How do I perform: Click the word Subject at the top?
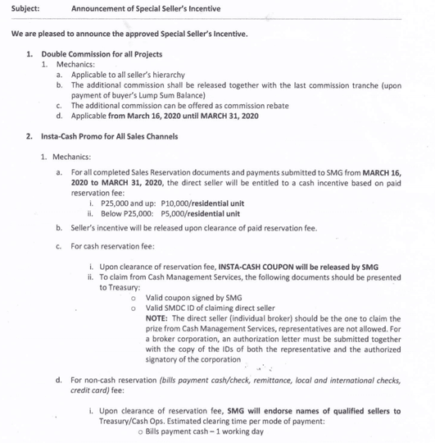point(25,8)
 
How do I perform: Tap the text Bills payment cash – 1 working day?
point(205,432)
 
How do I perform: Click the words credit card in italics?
point(91,390)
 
